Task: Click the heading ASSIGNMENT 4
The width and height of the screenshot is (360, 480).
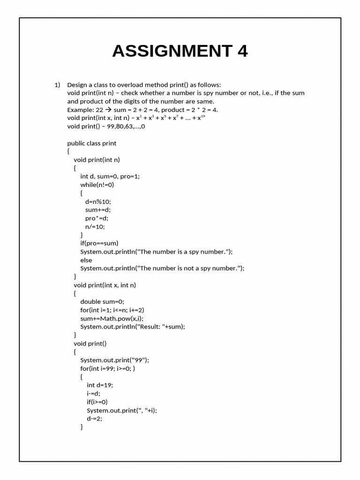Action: click(x=180, y=51)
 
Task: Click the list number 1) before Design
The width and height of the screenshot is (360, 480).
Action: click(x=57, y=85)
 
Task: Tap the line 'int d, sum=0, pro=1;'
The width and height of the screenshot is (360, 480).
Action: click(x=110, y=176)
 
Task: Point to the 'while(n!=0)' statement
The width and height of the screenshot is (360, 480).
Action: click(x=97, y=185)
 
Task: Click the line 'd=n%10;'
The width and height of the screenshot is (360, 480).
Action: click(x=98, y=202)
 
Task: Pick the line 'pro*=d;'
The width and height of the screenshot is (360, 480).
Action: click(x=97, y=218)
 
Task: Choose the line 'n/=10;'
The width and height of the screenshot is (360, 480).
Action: click(x=95, y=226)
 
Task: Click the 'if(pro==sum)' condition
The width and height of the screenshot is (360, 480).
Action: click(x=99, y=243)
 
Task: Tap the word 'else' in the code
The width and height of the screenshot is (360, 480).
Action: click(x=86, y=260)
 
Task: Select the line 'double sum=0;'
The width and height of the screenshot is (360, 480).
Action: click(x=102, y=302)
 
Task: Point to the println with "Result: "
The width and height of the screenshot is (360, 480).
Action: click(x=133, y=327)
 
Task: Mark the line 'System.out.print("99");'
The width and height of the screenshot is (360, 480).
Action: click(x=115, y=360)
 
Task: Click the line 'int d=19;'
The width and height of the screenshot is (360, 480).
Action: click(x=100, y=385)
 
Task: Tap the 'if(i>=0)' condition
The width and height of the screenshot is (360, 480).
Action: click(x=97, y=402)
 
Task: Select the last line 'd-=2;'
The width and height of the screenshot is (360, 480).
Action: click(x=95, y=419)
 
